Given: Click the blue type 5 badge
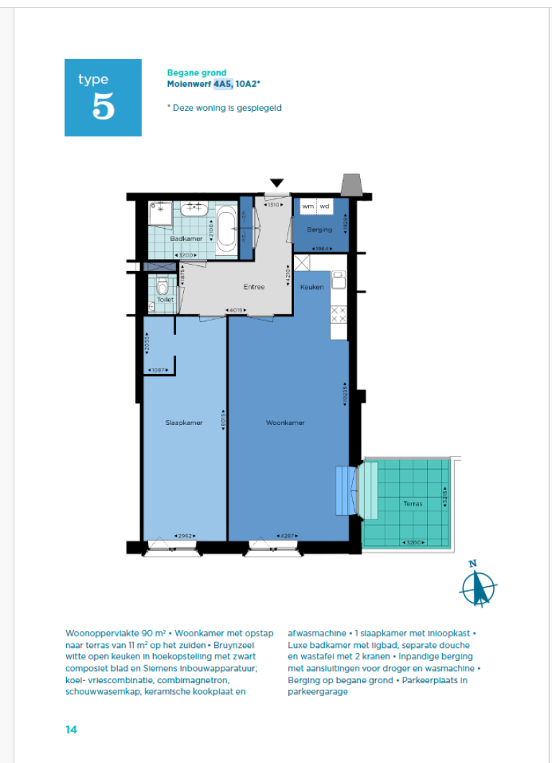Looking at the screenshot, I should (103, 98).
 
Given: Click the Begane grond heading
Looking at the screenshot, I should (196, 73).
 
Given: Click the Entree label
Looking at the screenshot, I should (254, 287).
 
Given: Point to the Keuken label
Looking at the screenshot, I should (312, 287).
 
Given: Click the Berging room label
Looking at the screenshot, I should (319, 230).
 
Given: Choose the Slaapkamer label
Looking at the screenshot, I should (184, 423).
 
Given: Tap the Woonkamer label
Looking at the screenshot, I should (285, 423).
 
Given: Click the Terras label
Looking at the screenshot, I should (413, 503).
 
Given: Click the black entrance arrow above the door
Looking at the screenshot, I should (277, 183).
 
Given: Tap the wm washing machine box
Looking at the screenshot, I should (308, 206).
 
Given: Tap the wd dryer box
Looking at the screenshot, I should (325, 206).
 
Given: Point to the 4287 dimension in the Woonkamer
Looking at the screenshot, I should (285, 536).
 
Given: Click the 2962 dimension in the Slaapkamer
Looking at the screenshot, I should (185, 536).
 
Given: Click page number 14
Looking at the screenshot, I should (71, 729).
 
